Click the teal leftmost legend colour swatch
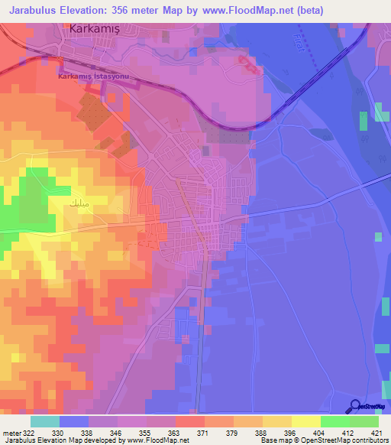point(44,421)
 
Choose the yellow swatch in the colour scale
point(305,421)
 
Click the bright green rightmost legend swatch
point(364,421)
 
